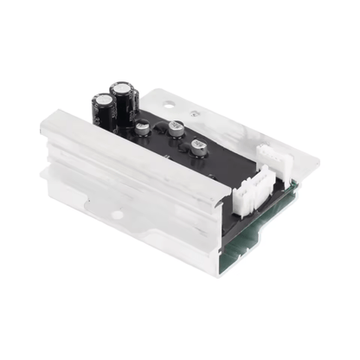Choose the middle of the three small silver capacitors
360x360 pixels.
[176, 127]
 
